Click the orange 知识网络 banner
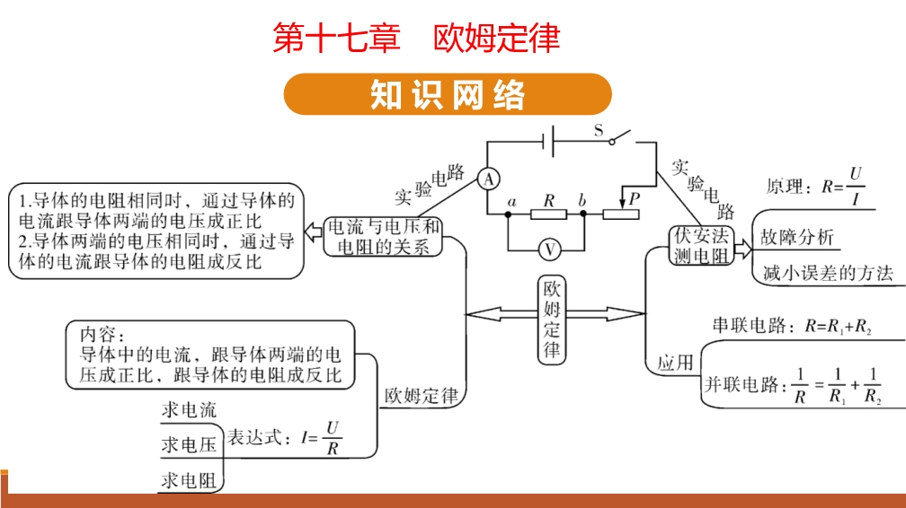tap(447, 95)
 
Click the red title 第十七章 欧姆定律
tap(416, 39)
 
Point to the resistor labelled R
tap(546, 215)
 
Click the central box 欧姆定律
tap(552, 320)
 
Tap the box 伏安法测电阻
tap(703, 245)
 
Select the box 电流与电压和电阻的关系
tap(384, 237)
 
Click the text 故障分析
tap(796, 238)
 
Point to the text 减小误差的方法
tap(827, 274)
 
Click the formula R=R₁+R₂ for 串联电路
tap(842, 328)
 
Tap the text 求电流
tap(189, 410)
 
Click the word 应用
tap(675, 363)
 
